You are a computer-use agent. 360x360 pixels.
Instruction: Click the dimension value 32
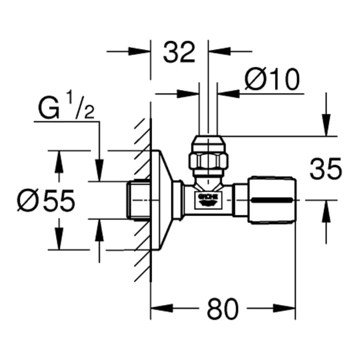[179, 52]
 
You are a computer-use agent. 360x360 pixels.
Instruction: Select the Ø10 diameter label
[272, 80]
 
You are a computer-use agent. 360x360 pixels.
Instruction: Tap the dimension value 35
[326, 169]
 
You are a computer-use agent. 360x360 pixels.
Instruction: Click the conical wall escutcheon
[164, 200]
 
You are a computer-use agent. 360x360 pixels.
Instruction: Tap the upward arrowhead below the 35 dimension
[325, 211]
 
